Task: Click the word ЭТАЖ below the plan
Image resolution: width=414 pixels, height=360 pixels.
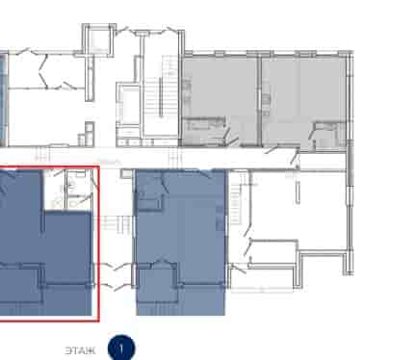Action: pyautogui.click(x=80, y=350)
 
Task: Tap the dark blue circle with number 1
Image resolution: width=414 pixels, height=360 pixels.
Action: pyautogui.click(x=121, y=348)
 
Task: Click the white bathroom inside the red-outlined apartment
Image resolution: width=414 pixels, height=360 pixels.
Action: pyautogui.click(x=67, y=190)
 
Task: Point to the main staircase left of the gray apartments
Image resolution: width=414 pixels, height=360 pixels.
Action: pyautogui.click(x=161, y=96)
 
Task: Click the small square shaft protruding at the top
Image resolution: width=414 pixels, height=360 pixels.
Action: pyautogui.click(x=98, y=40)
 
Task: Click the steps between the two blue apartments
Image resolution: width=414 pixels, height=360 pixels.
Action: pyautogui.click(x=116, y=224)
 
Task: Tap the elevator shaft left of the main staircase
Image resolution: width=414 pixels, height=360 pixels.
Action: pyautogui.click(x=128, y=106)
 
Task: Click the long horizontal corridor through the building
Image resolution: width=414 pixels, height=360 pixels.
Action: pyautogui.click(x=173, y=158)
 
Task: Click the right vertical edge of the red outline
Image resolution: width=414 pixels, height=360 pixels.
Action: pyautogui.click(x=98, y=244)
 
